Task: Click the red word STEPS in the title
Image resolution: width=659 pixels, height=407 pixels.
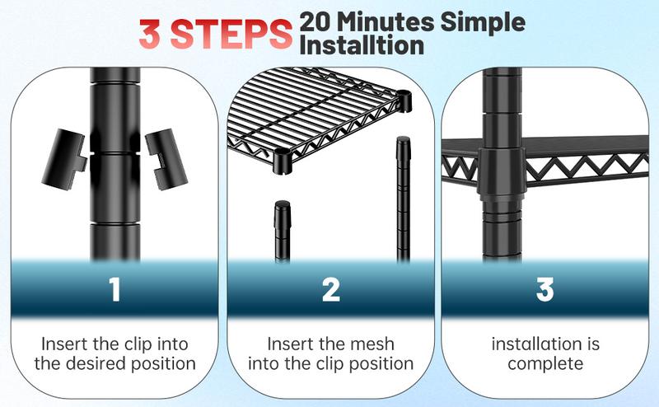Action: (231, 34)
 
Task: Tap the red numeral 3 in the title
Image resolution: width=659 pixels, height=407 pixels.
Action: (150, 34)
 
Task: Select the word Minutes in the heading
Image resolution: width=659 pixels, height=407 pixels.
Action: (386, 22)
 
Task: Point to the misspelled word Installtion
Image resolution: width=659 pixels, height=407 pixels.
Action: (362, 45)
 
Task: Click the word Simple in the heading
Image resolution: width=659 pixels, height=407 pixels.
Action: (483, 23)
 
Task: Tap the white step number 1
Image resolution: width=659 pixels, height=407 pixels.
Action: (115, 289)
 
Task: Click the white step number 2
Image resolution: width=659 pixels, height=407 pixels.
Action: (331, 289)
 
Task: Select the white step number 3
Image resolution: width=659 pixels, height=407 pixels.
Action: (544, 289)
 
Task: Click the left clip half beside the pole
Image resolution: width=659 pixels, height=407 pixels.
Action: (64, 159)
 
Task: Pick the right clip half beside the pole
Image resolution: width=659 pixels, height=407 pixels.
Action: (166, 159)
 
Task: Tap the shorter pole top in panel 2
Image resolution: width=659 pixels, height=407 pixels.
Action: (283, 207)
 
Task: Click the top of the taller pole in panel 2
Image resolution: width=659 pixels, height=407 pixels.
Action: (403, 142)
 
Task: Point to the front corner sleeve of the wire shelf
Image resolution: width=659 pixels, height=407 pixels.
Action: (283, 161)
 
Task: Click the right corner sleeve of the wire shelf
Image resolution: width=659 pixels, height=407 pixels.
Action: (404, 101)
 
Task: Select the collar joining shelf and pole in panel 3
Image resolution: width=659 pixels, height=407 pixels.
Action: (501, 173)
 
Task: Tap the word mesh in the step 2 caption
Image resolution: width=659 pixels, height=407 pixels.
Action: (373, 344)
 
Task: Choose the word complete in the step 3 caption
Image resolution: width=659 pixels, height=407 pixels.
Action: (545, 363)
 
